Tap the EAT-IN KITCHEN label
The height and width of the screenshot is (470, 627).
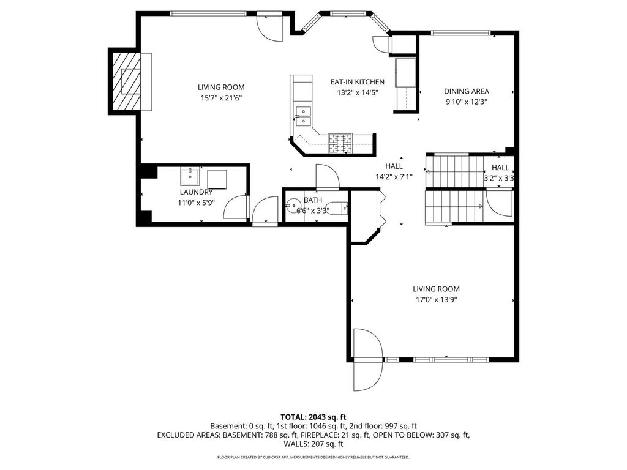(357, 82)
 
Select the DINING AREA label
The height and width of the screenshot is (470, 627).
(466, 91)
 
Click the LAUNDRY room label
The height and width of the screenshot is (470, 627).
(196, 192)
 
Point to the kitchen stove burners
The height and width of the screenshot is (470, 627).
(340, 143)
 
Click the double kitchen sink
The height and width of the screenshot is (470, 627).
(303, 116)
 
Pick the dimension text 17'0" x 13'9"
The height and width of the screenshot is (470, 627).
(436, 300)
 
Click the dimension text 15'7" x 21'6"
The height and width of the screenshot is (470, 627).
(220, 97)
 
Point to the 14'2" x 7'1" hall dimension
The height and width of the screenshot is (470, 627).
(394, 176)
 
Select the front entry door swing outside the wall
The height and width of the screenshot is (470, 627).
(369, 376)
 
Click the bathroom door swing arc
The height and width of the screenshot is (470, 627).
(328, 176)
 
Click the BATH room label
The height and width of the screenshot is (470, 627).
(313, 200)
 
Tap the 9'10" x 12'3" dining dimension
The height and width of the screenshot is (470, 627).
(466, 102)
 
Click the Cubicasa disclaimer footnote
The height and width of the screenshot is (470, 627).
(313, 457)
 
